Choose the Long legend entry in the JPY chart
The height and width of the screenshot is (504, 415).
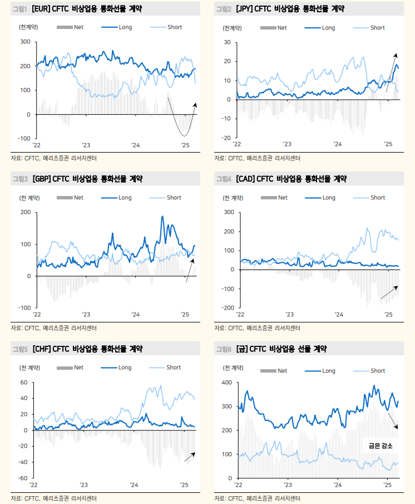coord(328,28)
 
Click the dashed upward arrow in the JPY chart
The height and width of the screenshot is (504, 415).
coord(391,72)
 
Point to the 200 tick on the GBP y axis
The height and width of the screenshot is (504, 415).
coord(26,212)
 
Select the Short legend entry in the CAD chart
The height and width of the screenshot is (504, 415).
coord(377,198)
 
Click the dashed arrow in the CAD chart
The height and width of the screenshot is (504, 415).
coord(389,292)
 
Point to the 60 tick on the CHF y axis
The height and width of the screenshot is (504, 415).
coord(24,383)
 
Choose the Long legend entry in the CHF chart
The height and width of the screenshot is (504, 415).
coord(125,368)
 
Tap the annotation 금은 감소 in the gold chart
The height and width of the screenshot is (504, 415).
coord(381,446)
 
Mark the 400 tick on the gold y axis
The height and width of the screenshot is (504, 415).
coord(226,383)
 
